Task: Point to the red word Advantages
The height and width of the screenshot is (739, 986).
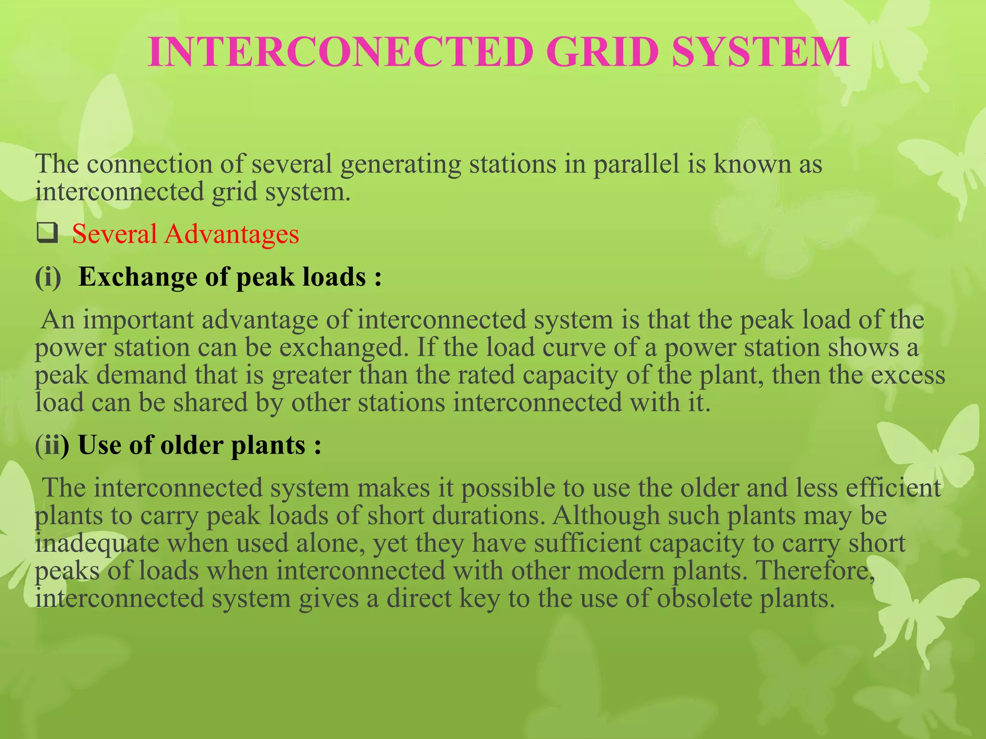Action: pyautogui.click(x=232, y=234)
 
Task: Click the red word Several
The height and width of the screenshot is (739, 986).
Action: pyautogui.click(x=115, y=234)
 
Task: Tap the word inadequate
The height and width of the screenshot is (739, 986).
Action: pyautogui.click(x=97, y=544)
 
